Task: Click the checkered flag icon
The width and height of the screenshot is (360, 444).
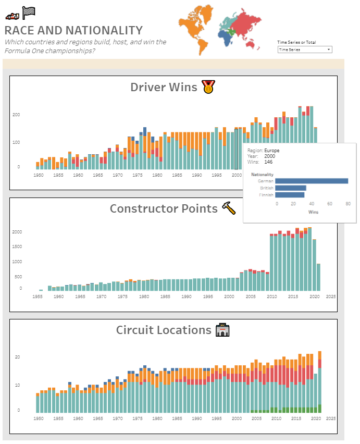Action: click(29, 13)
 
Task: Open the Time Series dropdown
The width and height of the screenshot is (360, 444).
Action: click(305, 50)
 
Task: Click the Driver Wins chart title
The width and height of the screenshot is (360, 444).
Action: click(164, 87)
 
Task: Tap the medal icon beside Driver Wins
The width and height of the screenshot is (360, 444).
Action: click(208, 87)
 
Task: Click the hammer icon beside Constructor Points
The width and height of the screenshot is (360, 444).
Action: click(229, 208)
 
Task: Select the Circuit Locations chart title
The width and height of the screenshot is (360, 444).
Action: click(164, 330)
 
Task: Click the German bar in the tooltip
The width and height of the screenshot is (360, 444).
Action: click(312, 181)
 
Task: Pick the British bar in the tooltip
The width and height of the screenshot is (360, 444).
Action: click(291, 188)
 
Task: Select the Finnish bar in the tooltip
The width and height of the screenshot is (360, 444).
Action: click(290, 195)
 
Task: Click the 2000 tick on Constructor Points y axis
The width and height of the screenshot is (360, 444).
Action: click(17, 231)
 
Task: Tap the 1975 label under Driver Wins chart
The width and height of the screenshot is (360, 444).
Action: click(118, 175)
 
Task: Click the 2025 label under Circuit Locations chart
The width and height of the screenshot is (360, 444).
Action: click(331, 418)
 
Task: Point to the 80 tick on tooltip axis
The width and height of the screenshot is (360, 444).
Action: click(348, 204)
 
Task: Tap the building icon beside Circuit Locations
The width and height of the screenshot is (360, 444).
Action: click(222, 330)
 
